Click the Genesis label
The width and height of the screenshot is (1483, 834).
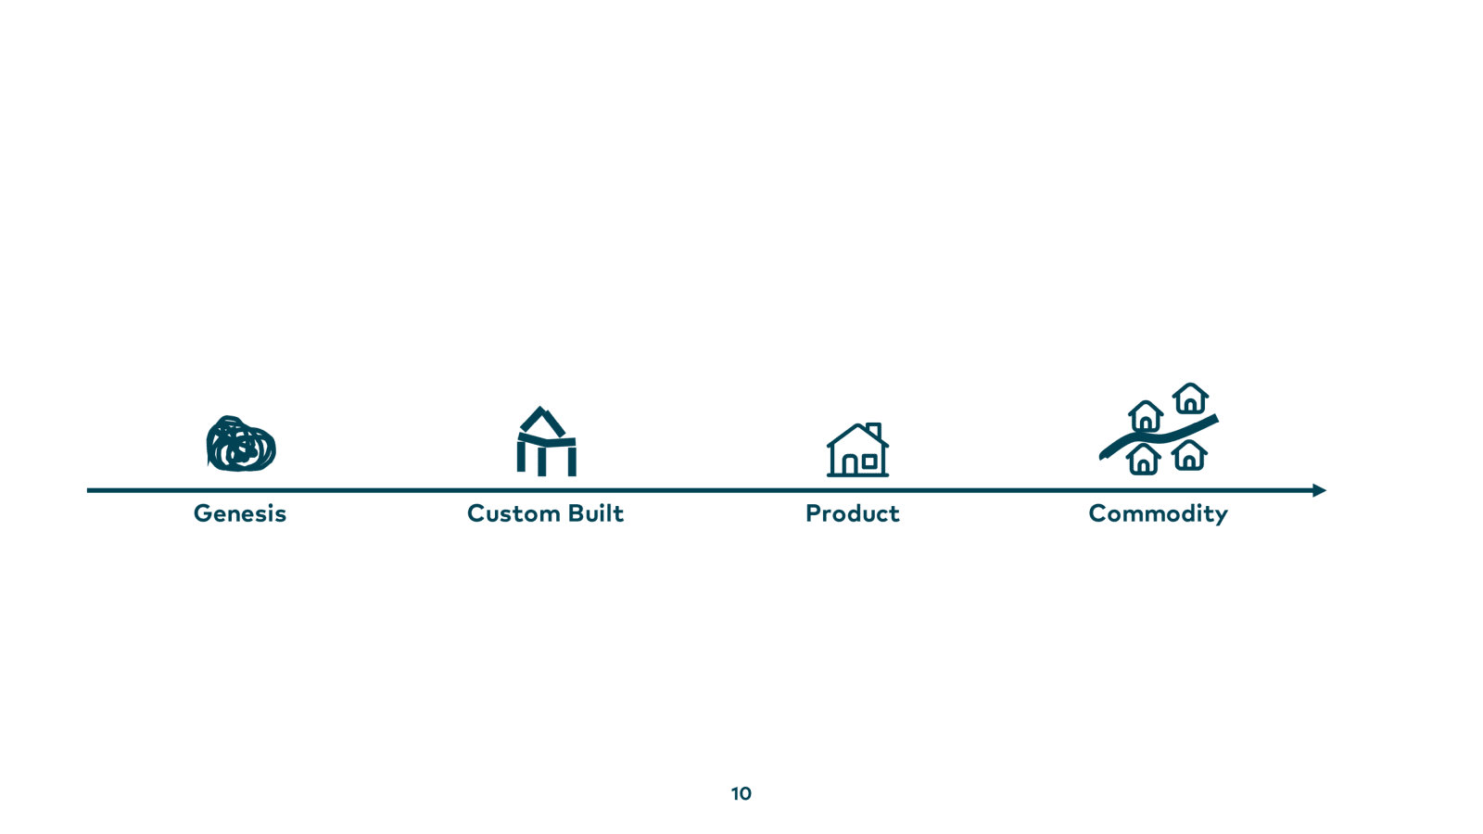(240, 513)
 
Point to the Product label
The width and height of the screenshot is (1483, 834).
(853, 513)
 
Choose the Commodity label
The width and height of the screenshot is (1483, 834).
(1159, 514)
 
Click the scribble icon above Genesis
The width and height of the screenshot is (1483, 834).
(241, 444)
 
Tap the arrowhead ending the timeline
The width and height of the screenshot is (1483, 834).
(1320, 490)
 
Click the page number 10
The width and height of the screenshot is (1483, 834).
(741, 793)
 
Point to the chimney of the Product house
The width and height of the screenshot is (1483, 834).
(874, 430)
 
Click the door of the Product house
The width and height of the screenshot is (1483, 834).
(850, 465)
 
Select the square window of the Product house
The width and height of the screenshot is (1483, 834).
(870, 461)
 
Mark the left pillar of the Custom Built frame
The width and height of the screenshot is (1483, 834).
(521, 456)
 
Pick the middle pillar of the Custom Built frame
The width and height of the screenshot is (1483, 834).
(541, 461)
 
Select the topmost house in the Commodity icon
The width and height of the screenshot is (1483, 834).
(1190, 398)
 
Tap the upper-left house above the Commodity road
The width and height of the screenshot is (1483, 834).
(1146, 417)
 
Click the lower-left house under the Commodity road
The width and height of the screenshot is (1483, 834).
(1144, 460)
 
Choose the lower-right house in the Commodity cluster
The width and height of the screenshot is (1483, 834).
(1189, 455)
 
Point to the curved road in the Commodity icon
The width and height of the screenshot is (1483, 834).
(1159, 437)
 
